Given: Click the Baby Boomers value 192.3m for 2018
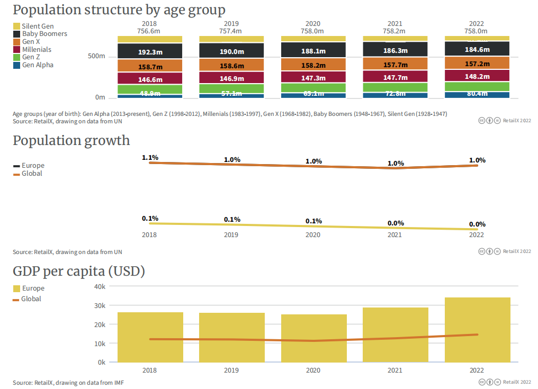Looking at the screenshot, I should pyautogui.click(x=150, y=52).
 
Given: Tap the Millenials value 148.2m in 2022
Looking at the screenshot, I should pyautogui.click(x=477, y=76).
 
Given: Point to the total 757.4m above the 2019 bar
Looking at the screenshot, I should pyautogui.click(x=231, y=31).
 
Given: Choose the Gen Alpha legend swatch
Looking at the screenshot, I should pyautogui.click(x=16, y=65).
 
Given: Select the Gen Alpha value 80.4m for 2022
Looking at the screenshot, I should pyautogui.click(x=477, y=94).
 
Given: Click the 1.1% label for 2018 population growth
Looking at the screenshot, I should pyautogui.click(x=150, y=158).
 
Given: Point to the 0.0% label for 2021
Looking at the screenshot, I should pyautogui.click(x=396, y=223).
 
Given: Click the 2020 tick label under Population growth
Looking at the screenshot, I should pyautogui.click(x=313, y=235).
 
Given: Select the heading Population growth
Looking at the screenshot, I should pyautogui.click(x=71, y=141).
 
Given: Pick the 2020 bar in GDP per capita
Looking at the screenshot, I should pyautogui.click(x=313, y=338).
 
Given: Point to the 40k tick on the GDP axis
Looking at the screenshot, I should pyautogui.click(x=100, y=286).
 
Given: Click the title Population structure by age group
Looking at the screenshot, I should pyautogui.click(x=119, y=10).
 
